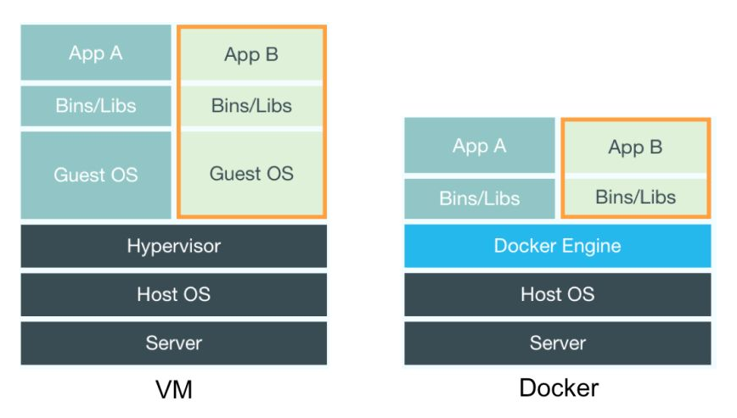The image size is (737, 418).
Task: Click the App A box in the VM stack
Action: tap(96, 53)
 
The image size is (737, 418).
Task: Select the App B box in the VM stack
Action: tap(251, 55)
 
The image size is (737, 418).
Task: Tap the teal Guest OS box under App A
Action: tap(96, 175)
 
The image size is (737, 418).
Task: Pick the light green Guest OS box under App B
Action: tap(251, 173)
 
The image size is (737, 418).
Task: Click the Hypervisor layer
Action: tap(173, 246)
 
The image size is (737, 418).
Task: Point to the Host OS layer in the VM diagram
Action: tap(173, 294)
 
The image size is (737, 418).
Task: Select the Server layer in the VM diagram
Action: tap(173, 343)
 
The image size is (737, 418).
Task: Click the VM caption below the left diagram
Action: tap(174, 389)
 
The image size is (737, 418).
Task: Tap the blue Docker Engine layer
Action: tap(557, 246)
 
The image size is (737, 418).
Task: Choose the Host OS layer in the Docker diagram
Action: tap(557, 294)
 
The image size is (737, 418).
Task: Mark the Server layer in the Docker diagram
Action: tap(557, 343)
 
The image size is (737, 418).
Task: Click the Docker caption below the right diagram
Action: tap(559, 388)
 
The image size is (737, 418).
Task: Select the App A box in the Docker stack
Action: tap(479, 146)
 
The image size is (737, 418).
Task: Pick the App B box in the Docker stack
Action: tap(635, 148)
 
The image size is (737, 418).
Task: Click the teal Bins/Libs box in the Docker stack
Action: tap(479, 198)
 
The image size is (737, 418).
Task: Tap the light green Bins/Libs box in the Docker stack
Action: tap(635, 197)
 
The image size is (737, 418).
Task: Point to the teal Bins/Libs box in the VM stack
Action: tap(96, 106)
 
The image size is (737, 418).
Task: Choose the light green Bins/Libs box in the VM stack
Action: tap(251, 106)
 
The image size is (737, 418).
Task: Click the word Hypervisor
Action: tap(173, 247)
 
